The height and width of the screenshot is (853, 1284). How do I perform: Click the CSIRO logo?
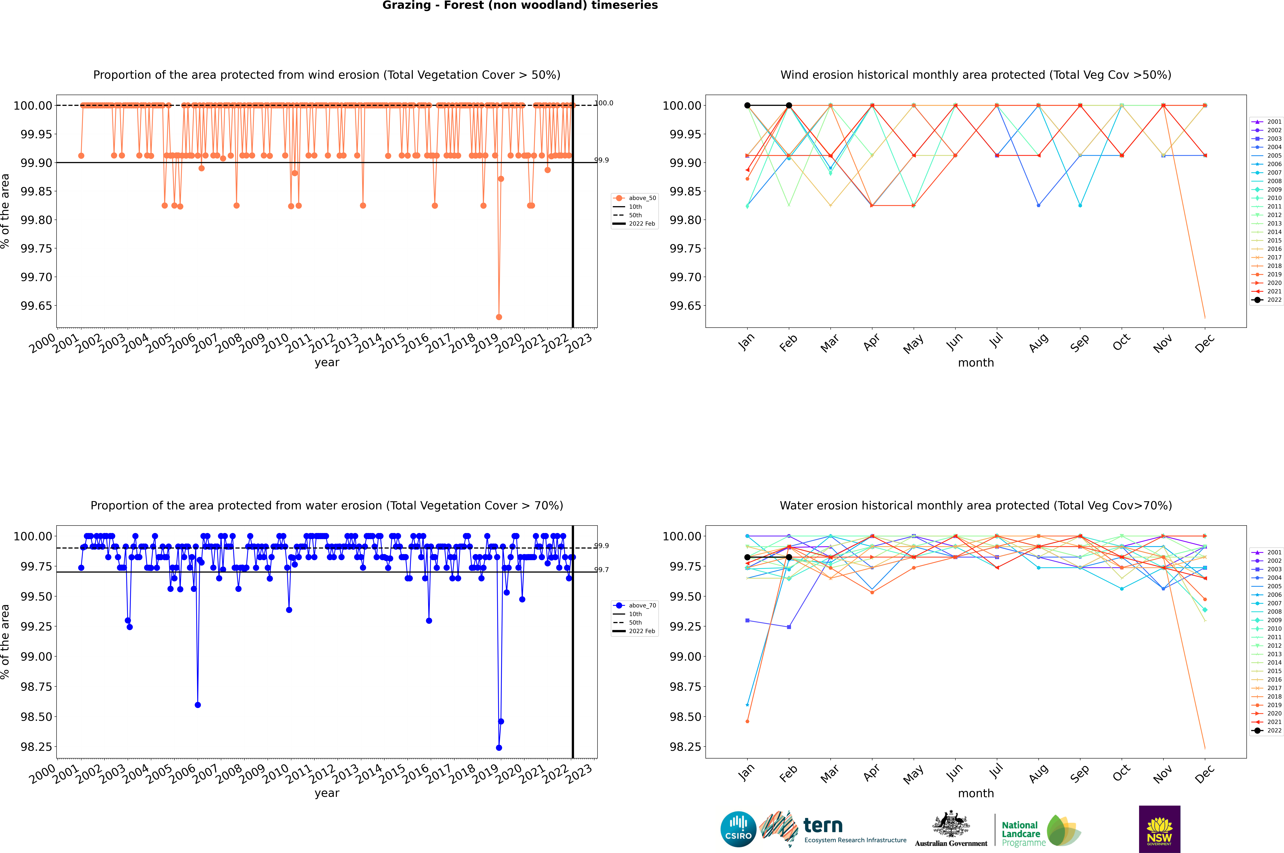[x=738, y=829]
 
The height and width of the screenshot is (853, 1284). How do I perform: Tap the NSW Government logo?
[x=1159, y=829]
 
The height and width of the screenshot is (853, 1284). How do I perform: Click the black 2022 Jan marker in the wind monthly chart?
[x=747, y=106]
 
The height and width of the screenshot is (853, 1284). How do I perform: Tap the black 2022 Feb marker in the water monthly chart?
[x=789, y=557]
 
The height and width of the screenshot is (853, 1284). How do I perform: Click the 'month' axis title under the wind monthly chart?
[x=975, y=363]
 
